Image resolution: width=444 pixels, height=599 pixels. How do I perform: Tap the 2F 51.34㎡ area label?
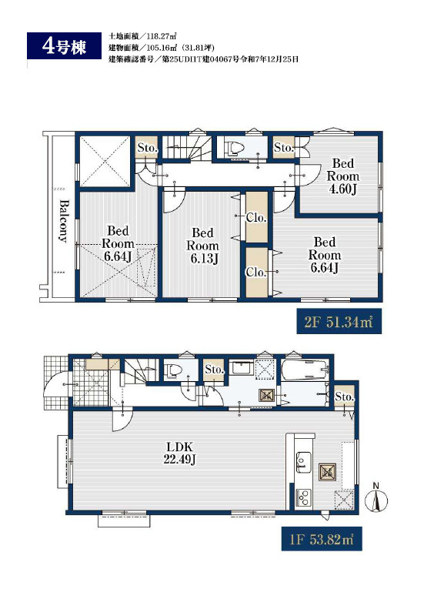pos(339,322)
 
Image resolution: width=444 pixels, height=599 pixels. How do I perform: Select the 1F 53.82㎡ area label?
pos(322,539)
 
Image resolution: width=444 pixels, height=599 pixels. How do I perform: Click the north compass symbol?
pos(376,498)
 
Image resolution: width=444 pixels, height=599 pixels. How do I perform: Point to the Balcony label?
pos(63,221)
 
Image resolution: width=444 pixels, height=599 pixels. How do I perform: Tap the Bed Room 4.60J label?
pos(343,176)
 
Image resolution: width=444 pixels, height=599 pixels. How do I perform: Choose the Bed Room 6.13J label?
pos(202,246)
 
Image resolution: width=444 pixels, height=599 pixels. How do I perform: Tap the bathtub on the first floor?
pos(305,370)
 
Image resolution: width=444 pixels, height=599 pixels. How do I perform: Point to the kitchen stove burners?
pos(303,497)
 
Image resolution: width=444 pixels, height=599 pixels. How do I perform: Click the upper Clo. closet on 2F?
pos(256,217)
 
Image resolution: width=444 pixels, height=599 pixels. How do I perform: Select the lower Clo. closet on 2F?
pos(256,272)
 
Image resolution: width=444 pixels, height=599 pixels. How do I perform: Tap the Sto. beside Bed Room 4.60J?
pos(283,147)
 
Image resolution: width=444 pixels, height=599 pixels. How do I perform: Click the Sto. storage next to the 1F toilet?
pos(214,370)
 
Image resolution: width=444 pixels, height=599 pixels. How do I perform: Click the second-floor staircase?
pos(187,148)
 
